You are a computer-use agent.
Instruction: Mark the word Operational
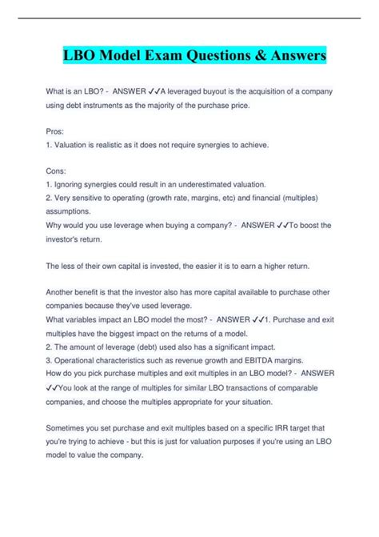pos(78,360)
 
